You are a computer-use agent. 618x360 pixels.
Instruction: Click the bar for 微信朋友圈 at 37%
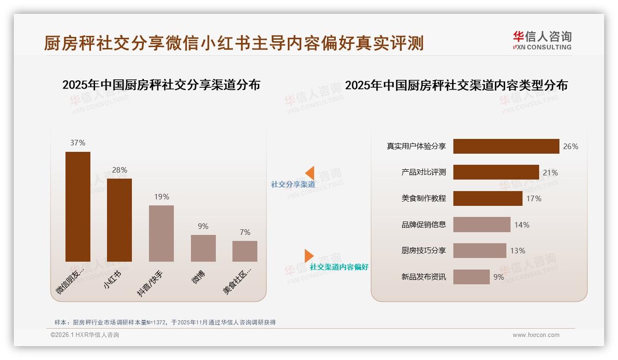[78, 206]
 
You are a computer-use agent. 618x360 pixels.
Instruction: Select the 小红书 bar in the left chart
[119, 220]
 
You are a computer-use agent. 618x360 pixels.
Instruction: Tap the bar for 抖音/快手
[161, 233]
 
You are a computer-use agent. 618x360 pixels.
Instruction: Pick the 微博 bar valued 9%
[203, 248]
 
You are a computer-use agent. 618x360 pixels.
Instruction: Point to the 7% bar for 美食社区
[245, 251]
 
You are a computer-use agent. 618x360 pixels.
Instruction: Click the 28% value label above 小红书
[119, 170]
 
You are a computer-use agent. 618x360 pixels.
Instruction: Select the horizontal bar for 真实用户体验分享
[506, 146]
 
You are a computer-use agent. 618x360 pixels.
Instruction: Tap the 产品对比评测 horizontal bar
[496, 172]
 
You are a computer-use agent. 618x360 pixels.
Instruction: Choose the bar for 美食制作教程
[487, 198]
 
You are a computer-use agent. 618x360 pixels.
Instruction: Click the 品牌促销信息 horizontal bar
[481, 225]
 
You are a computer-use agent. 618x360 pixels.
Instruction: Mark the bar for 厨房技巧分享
[480, 251]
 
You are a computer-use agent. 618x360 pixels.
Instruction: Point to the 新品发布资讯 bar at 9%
[471, 277]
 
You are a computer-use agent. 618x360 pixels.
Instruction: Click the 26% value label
[570, 146]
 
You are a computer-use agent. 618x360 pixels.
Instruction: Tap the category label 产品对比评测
[423, 172]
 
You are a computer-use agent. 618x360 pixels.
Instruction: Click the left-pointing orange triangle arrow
[310, 173]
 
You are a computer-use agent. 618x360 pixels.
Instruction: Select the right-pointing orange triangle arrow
[309, 256]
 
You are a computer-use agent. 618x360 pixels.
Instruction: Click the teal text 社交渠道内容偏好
[339, 267]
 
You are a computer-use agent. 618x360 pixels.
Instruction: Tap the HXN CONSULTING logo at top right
[542, 41]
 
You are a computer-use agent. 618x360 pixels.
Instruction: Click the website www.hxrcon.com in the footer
[536, 335]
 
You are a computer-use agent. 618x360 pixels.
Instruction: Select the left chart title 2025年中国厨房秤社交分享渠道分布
[161, 85]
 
